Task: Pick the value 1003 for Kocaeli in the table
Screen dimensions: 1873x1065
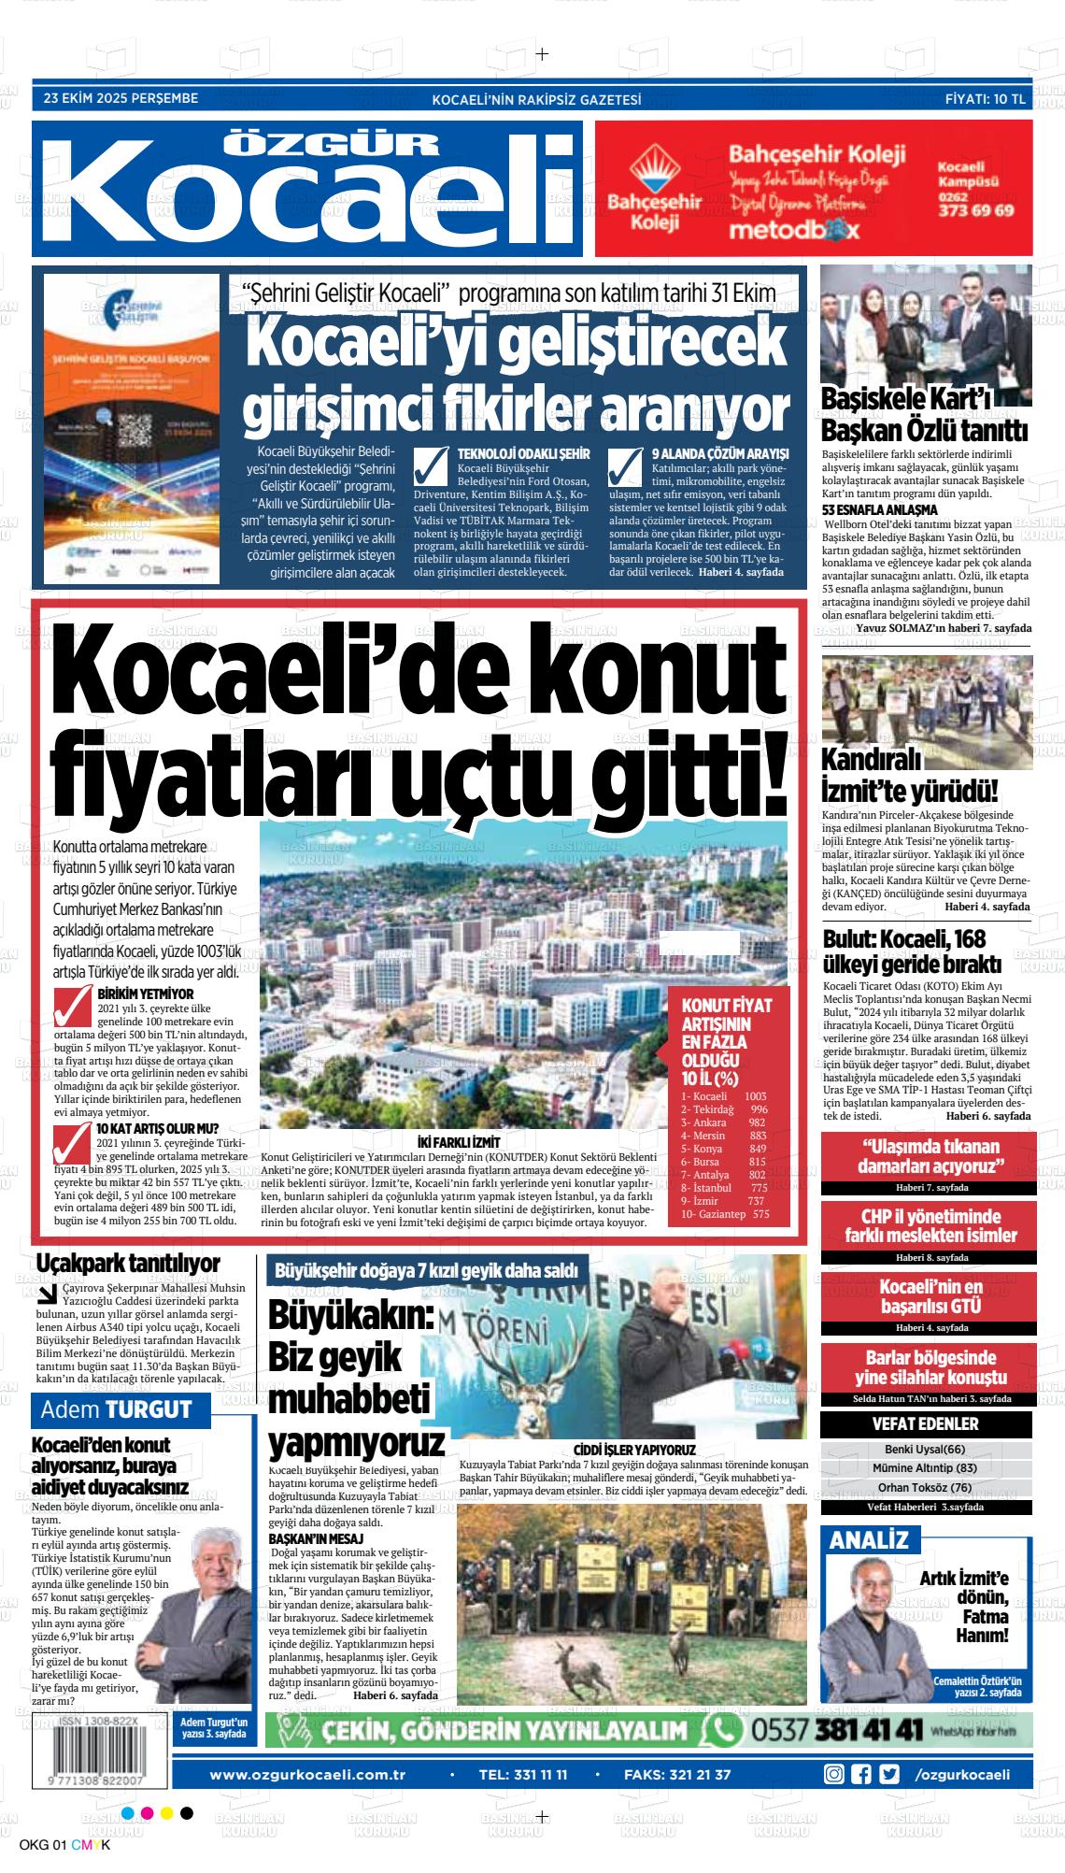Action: [x=755, y=1096]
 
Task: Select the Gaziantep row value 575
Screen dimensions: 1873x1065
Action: [x=760, y=1214]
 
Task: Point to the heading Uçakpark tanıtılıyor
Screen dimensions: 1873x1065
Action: [x=127, y=1264]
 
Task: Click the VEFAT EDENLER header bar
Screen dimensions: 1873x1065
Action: [x=925, y=1423]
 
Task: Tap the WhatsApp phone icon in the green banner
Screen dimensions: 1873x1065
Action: [x=723, y=1703]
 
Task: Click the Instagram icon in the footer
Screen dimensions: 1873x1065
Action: [x=833, y=1748]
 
